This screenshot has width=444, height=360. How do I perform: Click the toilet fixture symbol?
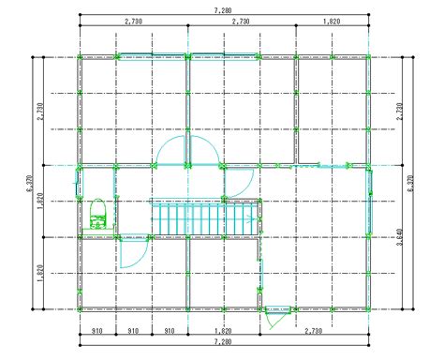(x=98, y=214)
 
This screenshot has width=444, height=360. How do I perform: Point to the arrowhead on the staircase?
(x=249, y=219)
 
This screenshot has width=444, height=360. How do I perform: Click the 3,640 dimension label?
(x=400, y=237)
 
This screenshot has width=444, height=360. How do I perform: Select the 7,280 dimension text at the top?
(x=223, y=10)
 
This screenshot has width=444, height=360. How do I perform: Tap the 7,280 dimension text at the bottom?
(x=223, y=341)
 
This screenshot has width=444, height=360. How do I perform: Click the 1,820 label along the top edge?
(x=332, y=22)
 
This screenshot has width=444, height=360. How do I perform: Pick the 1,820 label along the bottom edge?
(x=223, y=331)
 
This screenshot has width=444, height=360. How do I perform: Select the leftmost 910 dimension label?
(x=97, y=331)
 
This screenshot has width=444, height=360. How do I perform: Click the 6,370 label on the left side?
(x=30, y=184)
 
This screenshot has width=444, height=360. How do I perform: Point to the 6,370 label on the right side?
(x=411, y=184)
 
